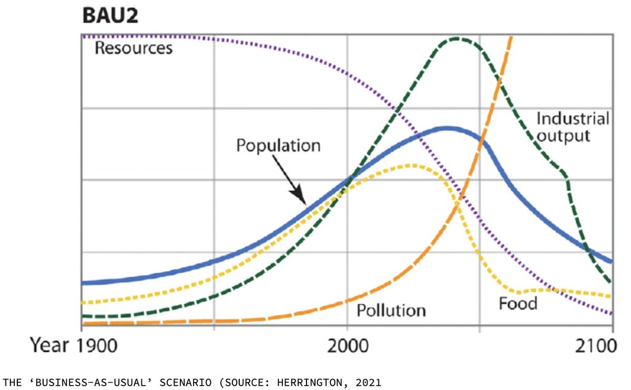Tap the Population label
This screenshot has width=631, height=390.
point(278,145)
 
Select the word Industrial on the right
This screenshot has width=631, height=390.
point(573,118)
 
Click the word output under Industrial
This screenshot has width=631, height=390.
point(563,136)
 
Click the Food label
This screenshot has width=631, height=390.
point(518,303)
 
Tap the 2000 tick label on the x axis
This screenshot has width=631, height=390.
point(347,345)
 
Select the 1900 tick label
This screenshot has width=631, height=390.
point(95,345)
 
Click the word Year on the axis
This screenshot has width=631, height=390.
point(48,345)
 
